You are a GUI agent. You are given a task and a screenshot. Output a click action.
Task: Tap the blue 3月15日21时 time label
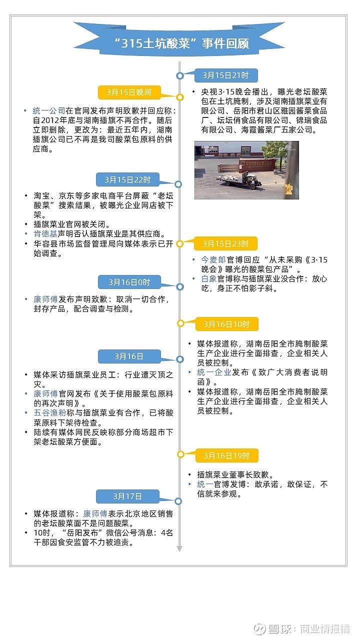tap(225, 75)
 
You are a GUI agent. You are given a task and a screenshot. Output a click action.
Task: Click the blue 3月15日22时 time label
tap(128, 179)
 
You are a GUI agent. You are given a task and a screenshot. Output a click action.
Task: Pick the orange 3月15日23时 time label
tap(225, 243)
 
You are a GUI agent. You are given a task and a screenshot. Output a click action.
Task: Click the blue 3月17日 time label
tap(128, 496)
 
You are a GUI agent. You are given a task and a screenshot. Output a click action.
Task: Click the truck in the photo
tap(239, 179)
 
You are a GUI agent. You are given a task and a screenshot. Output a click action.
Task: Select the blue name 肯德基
tap(44, 234)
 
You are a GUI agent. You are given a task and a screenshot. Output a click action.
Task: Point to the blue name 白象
tap(208, 278)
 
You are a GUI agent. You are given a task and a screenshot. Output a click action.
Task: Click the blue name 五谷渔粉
tap(49, 412)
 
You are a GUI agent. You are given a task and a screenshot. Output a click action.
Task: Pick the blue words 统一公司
tap(48, 111)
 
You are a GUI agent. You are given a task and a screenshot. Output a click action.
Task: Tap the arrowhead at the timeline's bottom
tap(179, 549)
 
